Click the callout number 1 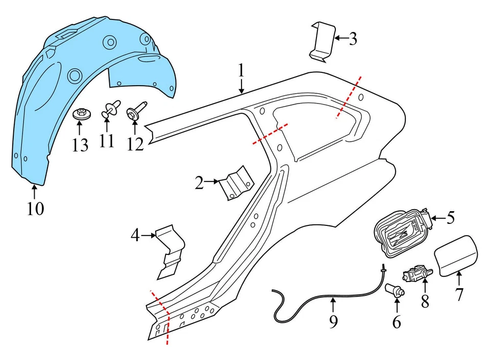242,70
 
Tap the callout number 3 353,39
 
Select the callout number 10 35,209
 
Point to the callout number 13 80,145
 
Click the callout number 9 333,322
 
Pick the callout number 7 459,294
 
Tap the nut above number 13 80,113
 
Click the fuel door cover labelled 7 456,252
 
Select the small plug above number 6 396,290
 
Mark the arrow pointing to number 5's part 438,218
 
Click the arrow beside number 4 148,235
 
